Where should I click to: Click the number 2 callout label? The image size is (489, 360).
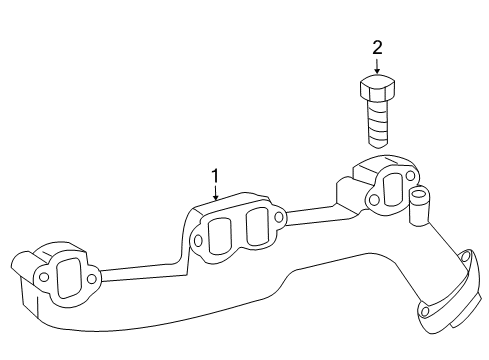[x=377, y=47]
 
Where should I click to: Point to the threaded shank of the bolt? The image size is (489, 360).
[x=377, y=128]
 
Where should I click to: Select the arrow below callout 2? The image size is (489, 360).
[x=377, y=65]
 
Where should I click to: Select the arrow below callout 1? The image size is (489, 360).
[x=214, y=194]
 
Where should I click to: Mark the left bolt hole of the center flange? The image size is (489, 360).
[x=199, y=241]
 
